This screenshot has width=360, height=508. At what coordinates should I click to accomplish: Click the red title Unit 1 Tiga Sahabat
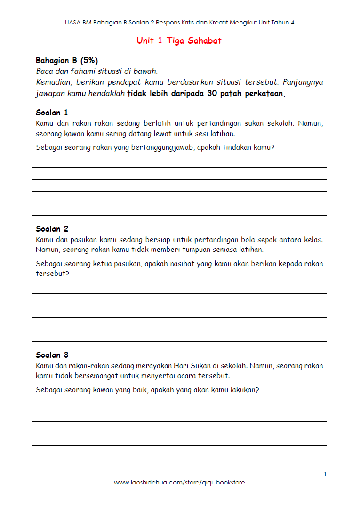(x=179, y=40)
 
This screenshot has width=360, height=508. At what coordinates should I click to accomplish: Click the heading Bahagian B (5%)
(x=66, y=60)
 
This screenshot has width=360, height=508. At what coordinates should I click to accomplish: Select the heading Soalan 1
(x=52, y=113)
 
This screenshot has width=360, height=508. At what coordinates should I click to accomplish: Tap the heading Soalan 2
(x=52, y=229)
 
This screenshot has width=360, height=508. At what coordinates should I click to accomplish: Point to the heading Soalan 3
(x=52, y=355)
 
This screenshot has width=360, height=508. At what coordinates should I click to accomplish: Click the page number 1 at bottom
(x=325, y=474)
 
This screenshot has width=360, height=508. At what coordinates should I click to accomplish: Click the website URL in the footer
(x=179, y=483)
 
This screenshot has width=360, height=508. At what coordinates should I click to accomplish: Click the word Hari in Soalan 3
(x=181, y=365)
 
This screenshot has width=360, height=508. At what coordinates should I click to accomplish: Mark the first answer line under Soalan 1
(x=179, y=167)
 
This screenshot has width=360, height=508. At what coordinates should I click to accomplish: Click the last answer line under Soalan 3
(x=179, y=458)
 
